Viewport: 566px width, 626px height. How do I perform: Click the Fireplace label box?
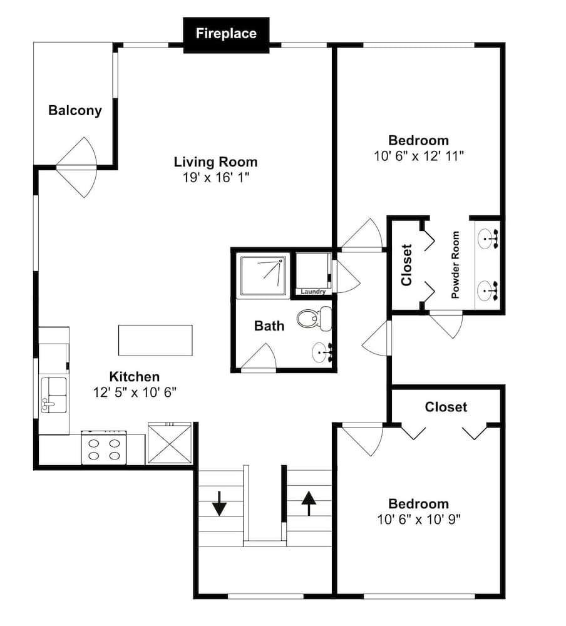[x=226, y=35]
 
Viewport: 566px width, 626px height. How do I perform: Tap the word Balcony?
[x=75, y=111]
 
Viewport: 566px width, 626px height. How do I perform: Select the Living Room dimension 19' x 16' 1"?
[x=216, y=178]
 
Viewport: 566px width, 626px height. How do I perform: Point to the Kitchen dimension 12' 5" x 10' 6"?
[x=135, y=393]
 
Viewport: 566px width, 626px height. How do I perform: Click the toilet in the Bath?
[x=315, y=318]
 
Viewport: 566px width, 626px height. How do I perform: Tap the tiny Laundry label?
[x=313, y=292]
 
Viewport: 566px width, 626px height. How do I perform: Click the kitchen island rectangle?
[x=155, y=340]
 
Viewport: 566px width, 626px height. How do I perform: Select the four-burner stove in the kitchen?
[x=104, y=448]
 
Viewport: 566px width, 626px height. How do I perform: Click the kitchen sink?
[x=54, y=395]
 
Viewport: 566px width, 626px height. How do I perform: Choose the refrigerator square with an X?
[x=170, y=443]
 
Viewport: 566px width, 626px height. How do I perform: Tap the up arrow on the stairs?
[x=309, y=503]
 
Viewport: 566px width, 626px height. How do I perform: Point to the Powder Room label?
[x=455, y=265]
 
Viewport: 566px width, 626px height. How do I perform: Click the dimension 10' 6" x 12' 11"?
[x=419, y=156]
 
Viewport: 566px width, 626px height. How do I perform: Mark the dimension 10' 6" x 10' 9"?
[x=419, y=520]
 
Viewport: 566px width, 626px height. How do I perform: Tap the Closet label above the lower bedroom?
[x=446, y=407]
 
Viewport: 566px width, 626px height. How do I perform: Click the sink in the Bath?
[x=322, y=352]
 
